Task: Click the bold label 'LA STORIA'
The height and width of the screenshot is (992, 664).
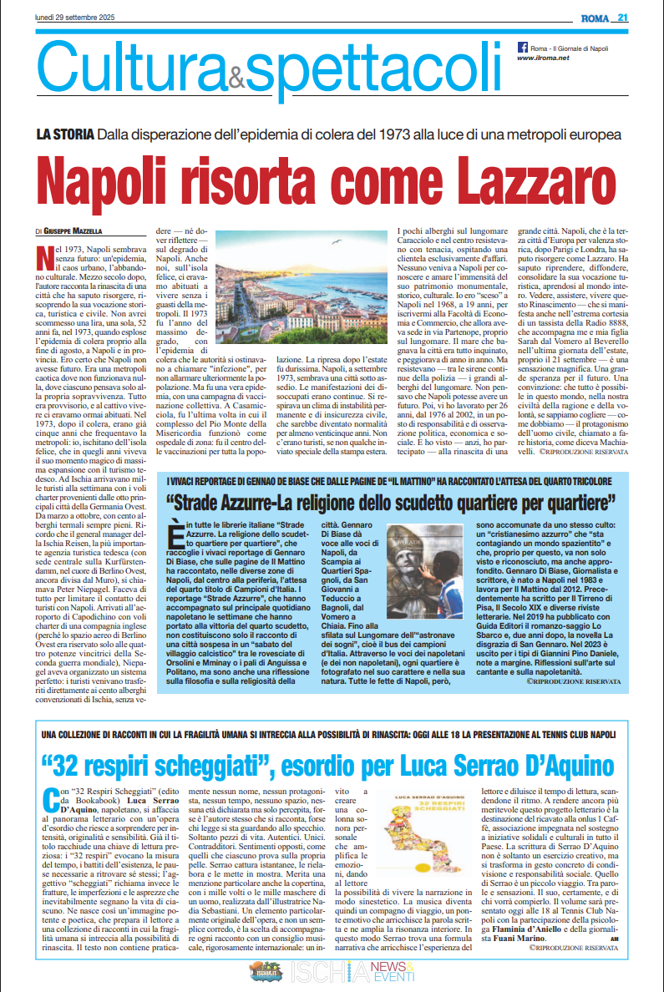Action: tap(64, 134)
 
